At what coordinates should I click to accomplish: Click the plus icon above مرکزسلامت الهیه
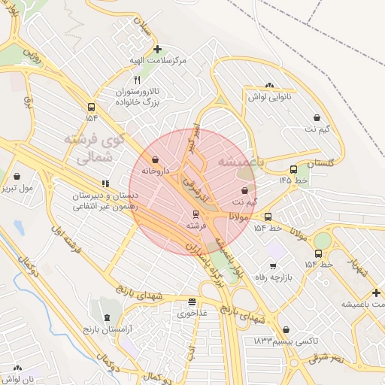click(157, 49)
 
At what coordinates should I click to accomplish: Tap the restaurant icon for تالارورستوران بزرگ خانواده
click(136, 80)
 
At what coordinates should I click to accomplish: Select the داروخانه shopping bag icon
click(155, 159)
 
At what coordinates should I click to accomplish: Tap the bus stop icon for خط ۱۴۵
click(293, 169)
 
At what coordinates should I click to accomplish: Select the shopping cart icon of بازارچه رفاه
click(272, 265)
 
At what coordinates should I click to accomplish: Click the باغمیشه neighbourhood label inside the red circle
click(238, 162)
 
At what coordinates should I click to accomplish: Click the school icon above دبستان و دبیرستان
click(105, 183)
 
